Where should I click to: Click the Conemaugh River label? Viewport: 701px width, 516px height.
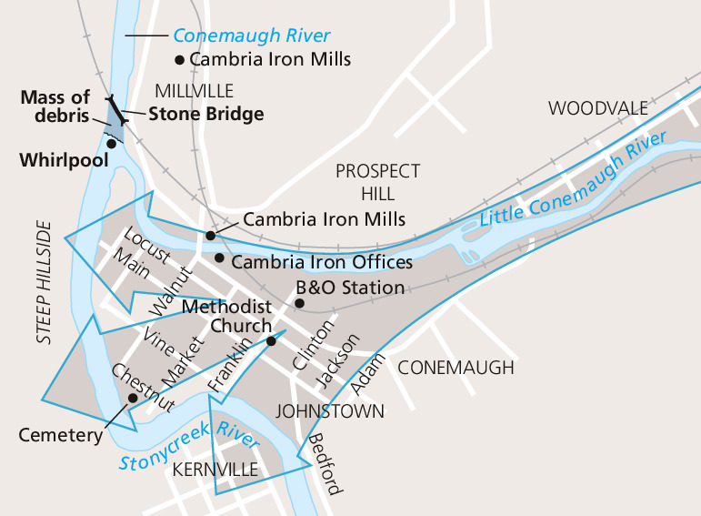(x=251, y=36)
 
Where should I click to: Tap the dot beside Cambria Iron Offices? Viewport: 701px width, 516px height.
(x=218, y=258)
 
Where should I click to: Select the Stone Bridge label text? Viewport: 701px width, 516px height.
(x=205, y=114)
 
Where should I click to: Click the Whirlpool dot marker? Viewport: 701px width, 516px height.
(x=111, y=142)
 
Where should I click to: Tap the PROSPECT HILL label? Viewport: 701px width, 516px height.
(x=377, y=182)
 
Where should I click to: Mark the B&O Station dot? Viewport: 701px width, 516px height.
(x=299, y=302)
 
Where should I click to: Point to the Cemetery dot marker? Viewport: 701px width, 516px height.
(x=133, y=398)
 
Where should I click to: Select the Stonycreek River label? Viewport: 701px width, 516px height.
(x=189, y=451)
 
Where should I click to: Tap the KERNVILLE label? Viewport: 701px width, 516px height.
(x=215, y=470)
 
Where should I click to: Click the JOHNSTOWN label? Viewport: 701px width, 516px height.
(x=330, y=411)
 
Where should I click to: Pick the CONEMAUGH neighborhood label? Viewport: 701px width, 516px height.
(x=456, y=368)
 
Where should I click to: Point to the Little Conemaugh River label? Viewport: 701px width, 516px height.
(x=573, y=177)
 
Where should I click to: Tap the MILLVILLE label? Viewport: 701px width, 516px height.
(x=194, y=91)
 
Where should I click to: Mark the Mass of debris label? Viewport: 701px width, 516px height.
(x=55, y=106)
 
